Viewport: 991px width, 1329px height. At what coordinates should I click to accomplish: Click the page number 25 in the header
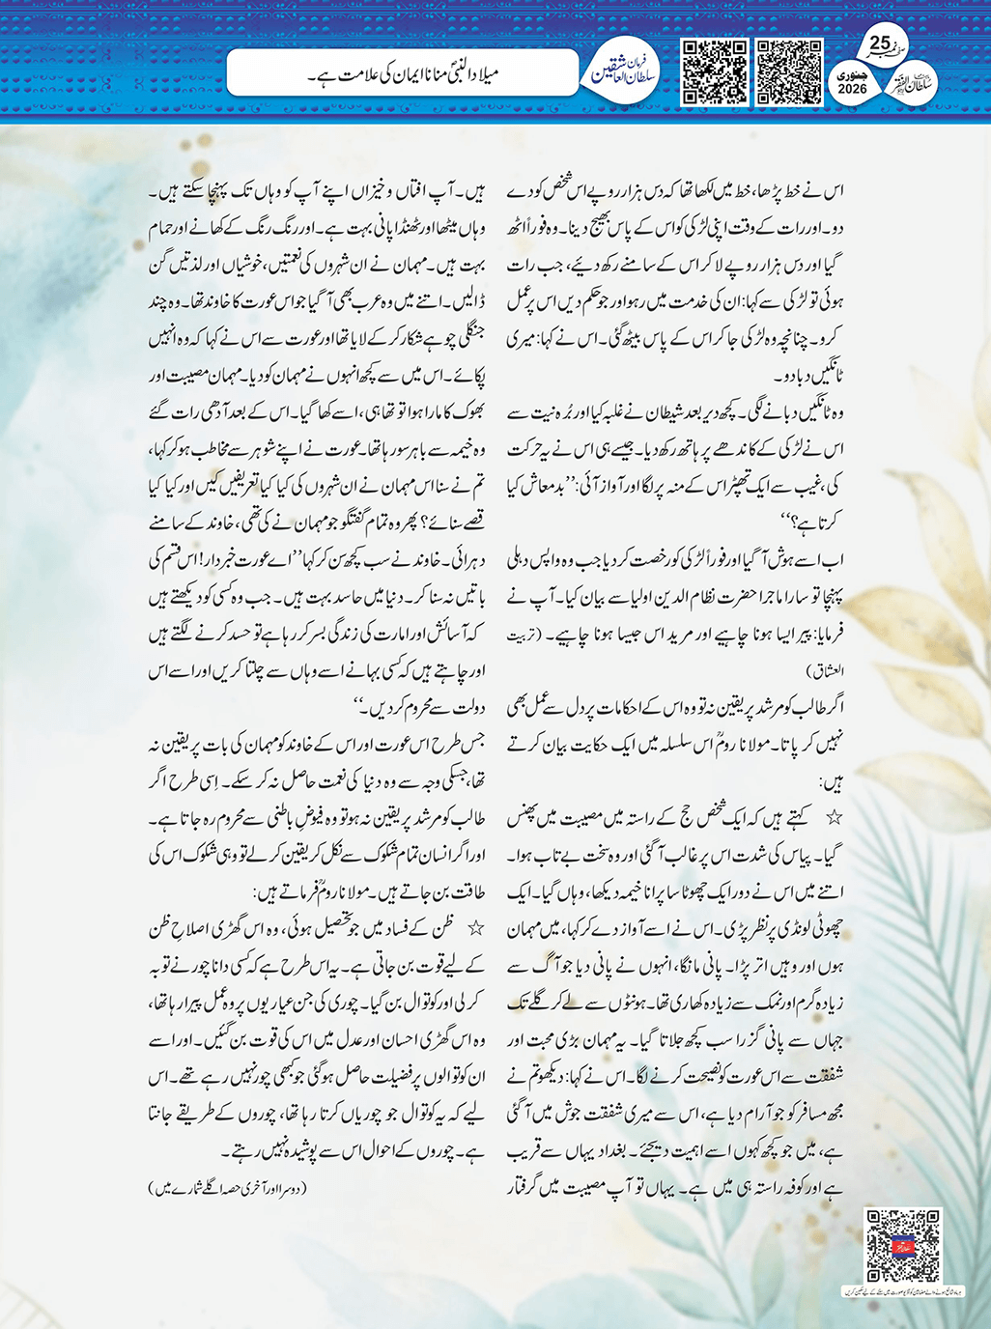tap(880, 42)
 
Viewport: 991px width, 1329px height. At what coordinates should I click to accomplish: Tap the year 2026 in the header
tap(853, 88)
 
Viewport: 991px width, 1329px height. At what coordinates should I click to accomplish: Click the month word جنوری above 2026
tap(853, 73)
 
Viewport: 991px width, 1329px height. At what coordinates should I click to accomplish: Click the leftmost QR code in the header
tap(715, 72)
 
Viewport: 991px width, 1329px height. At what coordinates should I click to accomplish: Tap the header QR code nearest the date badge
tap(789, 72)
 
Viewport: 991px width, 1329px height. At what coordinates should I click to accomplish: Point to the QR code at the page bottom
tap(902, 1245)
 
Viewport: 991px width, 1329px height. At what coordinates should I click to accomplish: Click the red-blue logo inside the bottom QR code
tap(902, 1245)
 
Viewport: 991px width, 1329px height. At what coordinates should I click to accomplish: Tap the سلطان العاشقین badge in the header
tap(624, 71)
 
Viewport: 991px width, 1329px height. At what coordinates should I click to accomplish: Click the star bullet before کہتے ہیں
tap(834, 818)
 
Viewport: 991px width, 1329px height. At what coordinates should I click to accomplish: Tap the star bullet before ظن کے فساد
tap(475, 929)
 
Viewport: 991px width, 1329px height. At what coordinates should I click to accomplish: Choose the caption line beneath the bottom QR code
tap(902, 1290)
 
